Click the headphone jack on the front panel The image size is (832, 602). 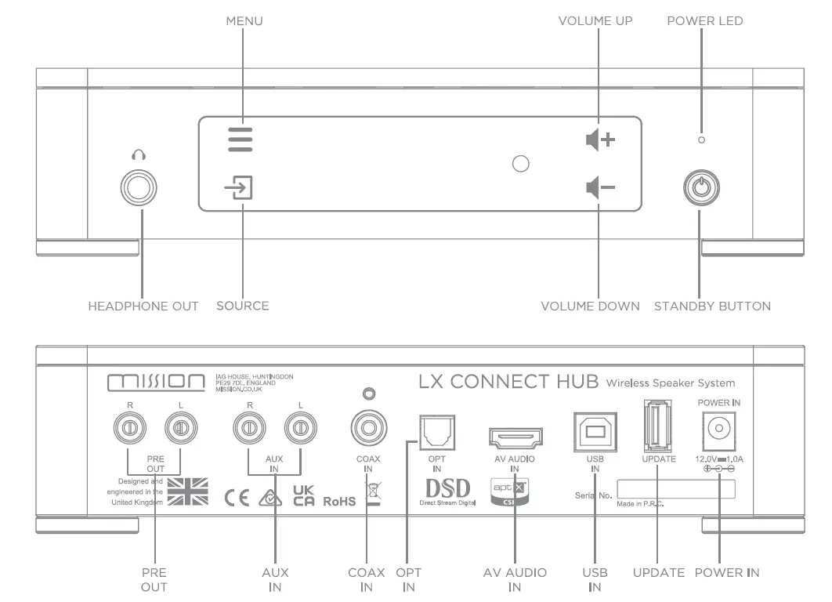pyautogui.click(x=139, y=187)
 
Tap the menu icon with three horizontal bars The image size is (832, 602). pyautogui.click(x=241, y=139)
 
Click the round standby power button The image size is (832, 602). pyautogui.click(x=700, y=187)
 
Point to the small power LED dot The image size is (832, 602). pyautogui.click(x=701, y=140)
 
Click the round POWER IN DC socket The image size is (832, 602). pyautogui.click(x=718, y=428)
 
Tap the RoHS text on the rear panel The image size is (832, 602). pyautogui.click(x=338, y=500)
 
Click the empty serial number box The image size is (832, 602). pyautogui.click(x=676, y=489)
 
